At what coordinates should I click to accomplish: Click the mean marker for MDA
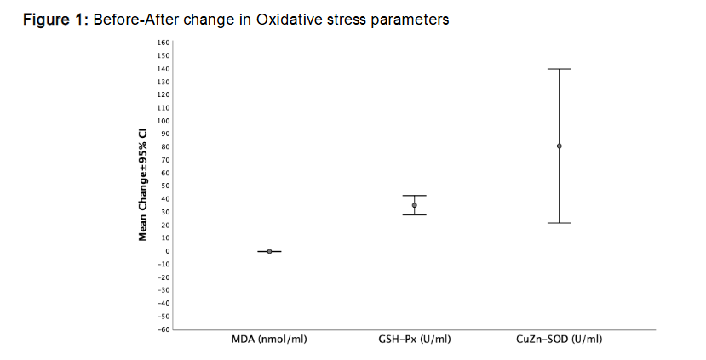[269, 251]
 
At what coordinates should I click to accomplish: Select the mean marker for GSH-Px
[415, 205]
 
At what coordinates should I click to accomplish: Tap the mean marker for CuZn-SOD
[560, 146]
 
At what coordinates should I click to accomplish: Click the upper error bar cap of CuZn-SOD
[560, 69]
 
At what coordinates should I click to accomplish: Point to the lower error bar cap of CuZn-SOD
[560, 223]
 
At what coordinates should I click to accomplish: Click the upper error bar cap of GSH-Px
[415, 196]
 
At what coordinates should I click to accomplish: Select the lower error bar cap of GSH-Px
[415, 214]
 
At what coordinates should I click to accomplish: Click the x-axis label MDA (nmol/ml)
[269, 340]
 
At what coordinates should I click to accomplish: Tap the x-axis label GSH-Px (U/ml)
[415, 340]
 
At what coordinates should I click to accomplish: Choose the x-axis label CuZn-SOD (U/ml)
[560, 340]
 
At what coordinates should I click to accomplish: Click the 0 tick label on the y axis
[168, 251]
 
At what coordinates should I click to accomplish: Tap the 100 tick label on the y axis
[164, 121]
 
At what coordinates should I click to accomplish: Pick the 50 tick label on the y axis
[166, 186]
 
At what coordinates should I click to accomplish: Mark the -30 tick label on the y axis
[164, 290]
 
